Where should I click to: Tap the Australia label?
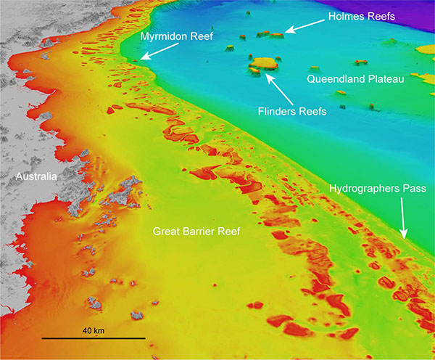38,176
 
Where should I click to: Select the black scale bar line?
94,338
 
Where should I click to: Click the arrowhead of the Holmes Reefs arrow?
284,32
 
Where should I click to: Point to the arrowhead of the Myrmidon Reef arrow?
142,59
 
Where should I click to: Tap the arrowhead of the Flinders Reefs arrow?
268,74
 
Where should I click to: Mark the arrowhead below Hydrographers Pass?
404,235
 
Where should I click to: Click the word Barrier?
198,232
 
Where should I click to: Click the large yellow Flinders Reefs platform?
263,62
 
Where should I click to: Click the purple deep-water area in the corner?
417,15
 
